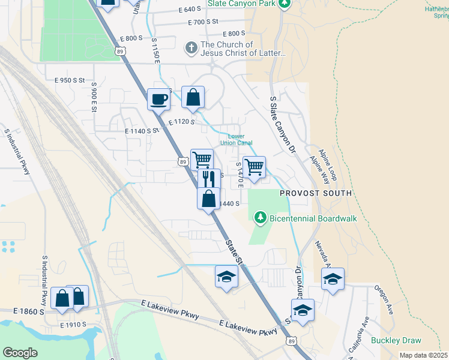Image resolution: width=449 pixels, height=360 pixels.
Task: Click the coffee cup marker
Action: tap(159, 99)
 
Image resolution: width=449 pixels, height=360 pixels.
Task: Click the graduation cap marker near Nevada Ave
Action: tap(333, 279)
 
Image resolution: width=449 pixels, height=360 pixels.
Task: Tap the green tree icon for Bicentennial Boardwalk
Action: tap(260, 216)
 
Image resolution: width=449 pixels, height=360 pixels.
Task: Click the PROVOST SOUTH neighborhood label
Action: tap(316, 194)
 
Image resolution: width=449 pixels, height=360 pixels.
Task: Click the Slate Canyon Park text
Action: tap(242, 4)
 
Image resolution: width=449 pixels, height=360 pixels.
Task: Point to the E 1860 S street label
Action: tap(29, 312)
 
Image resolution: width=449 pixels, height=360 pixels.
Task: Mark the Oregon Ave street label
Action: tap(383, 300)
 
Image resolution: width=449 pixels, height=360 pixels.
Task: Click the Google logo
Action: tap(20, 353)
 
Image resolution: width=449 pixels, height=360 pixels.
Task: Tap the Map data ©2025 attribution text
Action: tap(423, 356)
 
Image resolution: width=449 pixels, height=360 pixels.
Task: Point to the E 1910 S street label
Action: tap(73, 325)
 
